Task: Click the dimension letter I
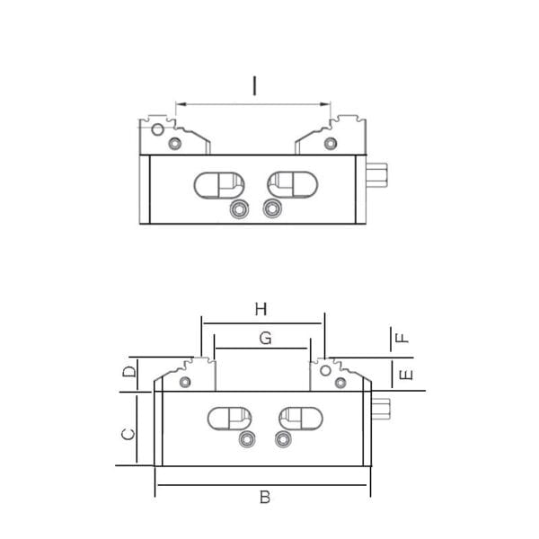(254, 86)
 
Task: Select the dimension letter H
(261, 309)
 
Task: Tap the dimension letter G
(265, 339)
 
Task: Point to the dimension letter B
(265, 497)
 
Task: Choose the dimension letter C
(128, 435)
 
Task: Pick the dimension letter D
(129, 372)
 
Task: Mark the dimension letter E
(406, 375)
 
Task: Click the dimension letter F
(402, 339)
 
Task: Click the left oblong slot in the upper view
(219, 185)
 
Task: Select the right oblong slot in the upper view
(293, 185)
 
